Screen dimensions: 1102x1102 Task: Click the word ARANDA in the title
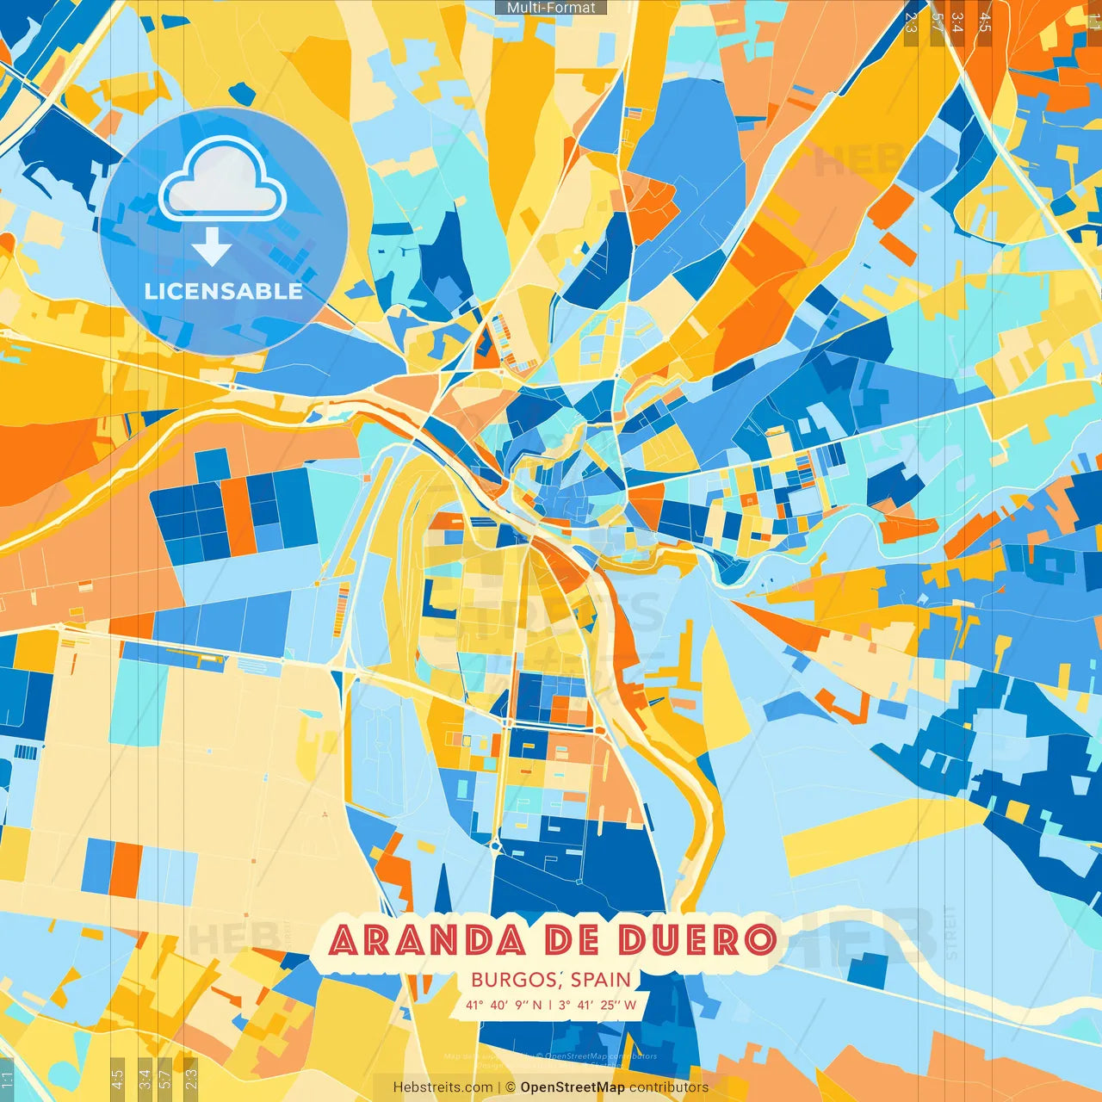tap(427, 940)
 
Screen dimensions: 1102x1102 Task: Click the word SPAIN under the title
tap(600, 980)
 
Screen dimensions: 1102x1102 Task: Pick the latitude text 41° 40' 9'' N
tap(504, 1005)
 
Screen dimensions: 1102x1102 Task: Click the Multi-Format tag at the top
tap(551, 8)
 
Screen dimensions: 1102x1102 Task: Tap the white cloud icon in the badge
tap(222, 181)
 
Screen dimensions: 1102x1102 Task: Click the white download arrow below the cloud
tap(212, 246)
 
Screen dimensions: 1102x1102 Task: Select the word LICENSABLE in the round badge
tap(224, 291)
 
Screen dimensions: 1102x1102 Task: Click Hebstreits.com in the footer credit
tap(443, 1087)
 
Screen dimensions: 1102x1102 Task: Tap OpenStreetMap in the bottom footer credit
tap(572, 1087)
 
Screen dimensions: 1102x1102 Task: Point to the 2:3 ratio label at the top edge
tap(911, 22)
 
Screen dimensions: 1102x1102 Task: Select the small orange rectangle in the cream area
tap(127, 870)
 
